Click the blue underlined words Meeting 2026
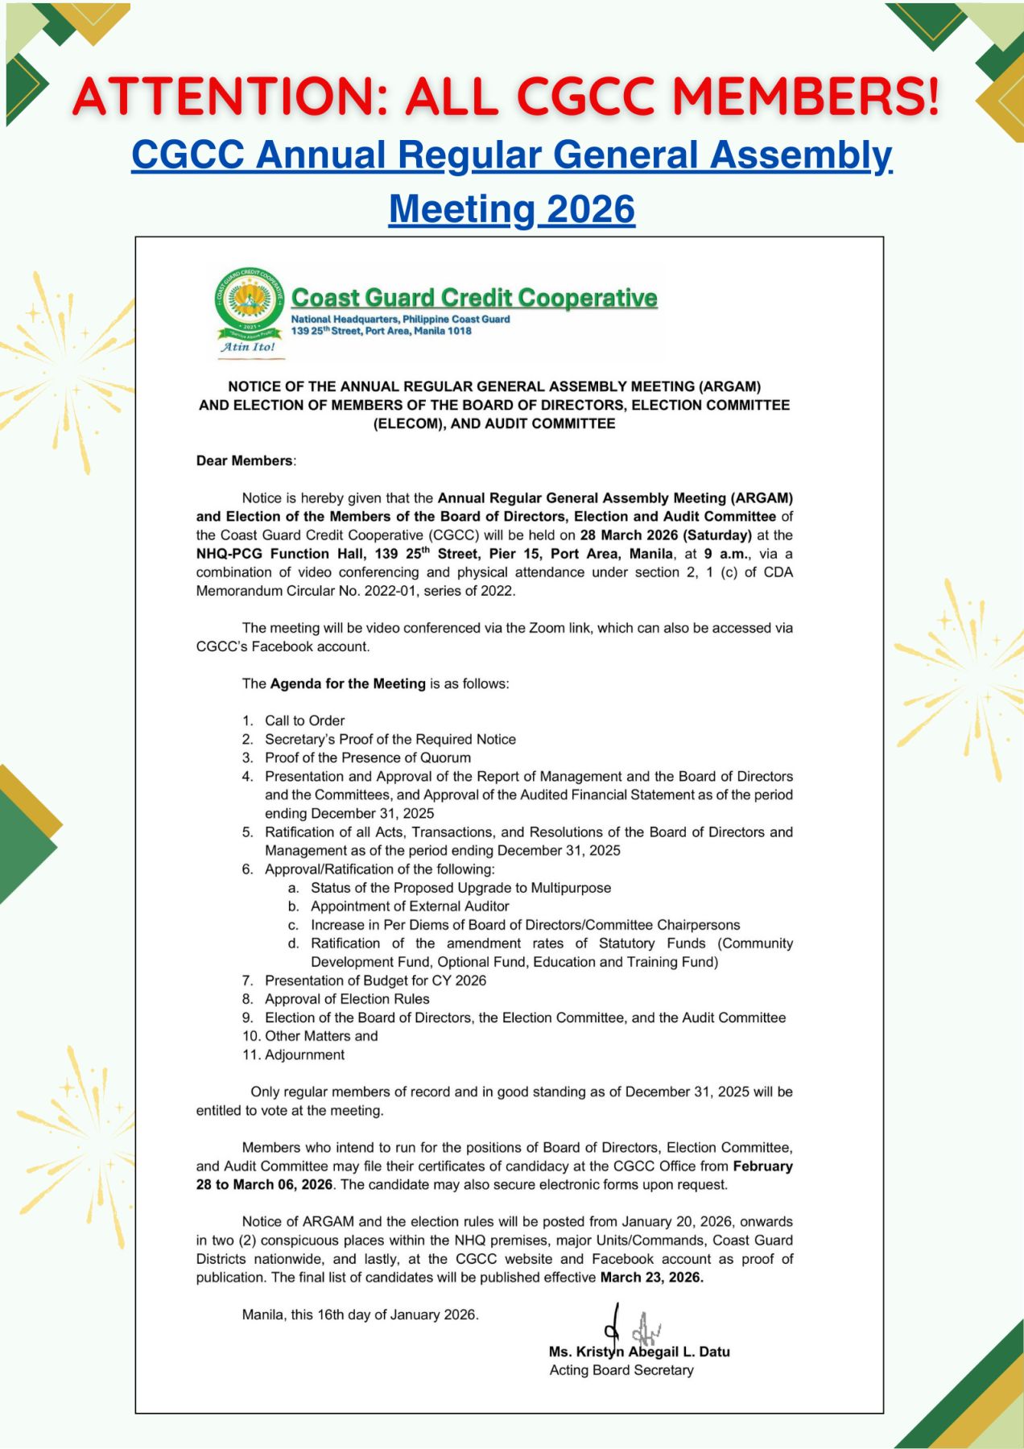coord(512,209)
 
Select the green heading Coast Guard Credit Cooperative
coord(474,298)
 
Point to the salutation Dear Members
coord(245,460)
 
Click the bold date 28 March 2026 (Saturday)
coord(666,535)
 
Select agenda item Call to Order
coord(304,720)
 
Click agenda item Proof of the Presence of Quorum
coord(368,758)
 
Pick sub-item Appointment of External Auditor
coord(410,906)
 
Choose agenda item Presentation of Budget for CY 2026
coord(375,980)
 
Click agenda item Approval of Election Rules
coord(347,999)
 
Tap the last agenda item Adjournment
coord(304,1055)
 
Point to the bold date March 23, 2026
coord(651,1278)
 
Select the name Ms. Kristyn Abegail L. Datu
coord(639,1352)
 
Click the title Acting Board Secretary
coord(621,1370)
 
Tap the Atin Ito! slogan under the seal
coord(248,347)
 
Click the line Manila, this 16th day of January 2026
coord(360,1315)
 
